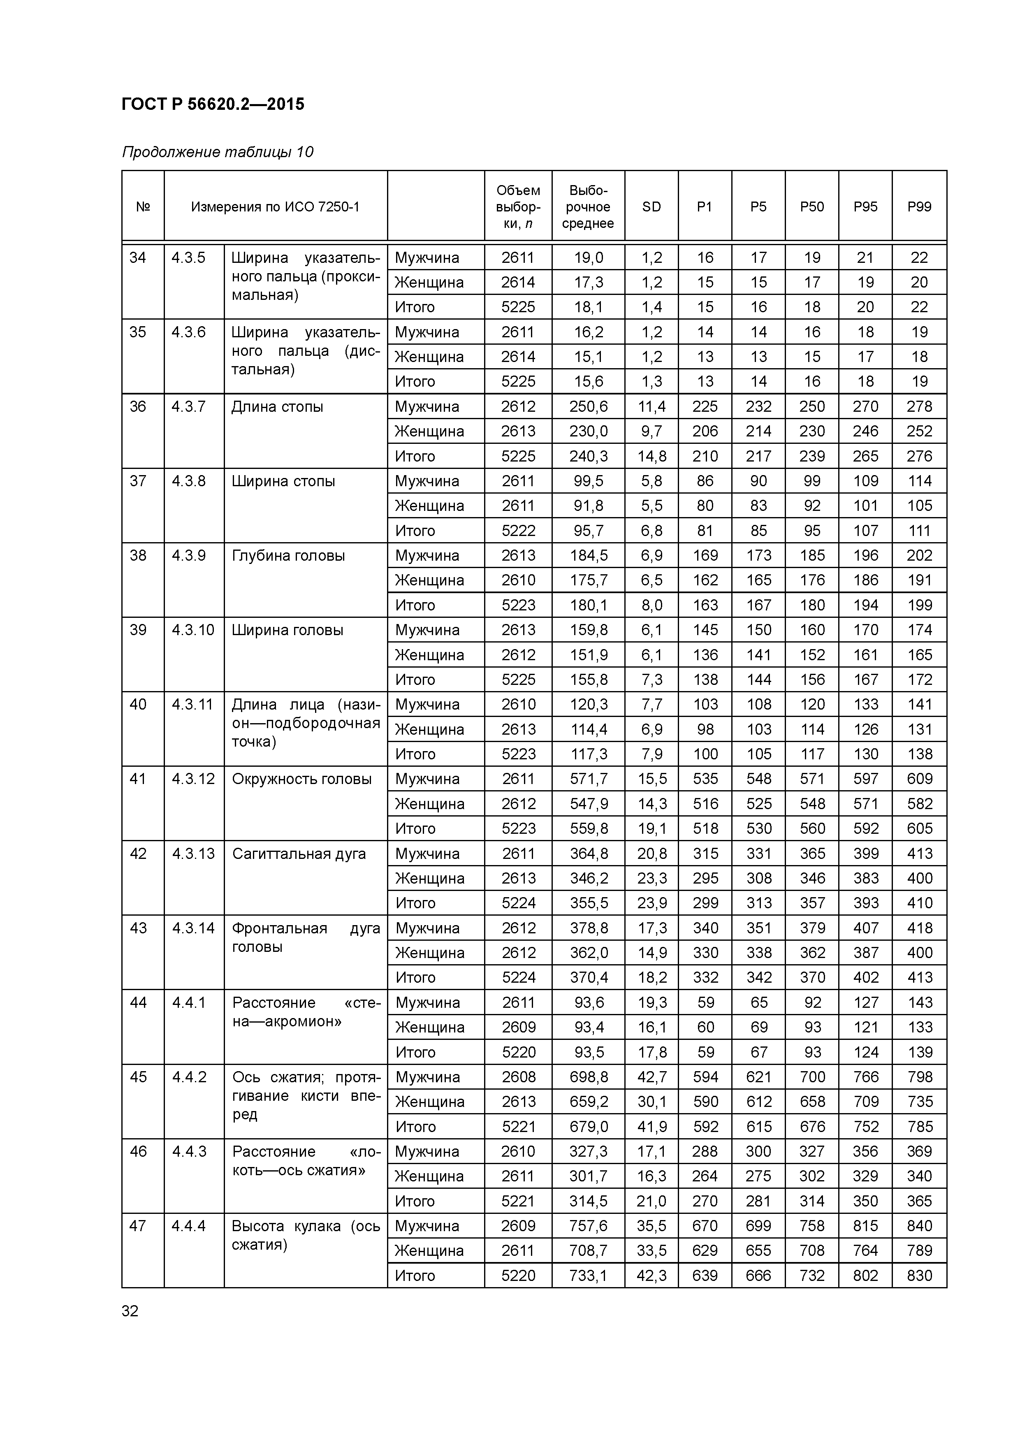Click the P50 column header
pyautogui.click(x=811, y=207)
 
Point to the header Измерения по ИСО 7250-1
pyautogui.click(x=275, y=207)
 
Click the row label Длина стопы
pyautogui.click(x=277, y=407)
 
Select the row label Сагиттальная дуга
pyautogui.click(x=299, y=854)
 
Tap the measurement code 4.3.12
pyautogui.click(x=193, y=779)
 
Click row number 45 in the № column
pyautogui.click(x=138, y=1076)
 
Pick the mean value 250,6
pyautogui.click(x=588, y=407)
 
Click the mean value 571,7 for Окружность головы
pyautogui.click(x=588, y=779)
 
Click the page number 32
pyautogui.click(x=130, y=1311)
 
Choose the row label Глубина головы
pyautogui.click(x=288, y=556)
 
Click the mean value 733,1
pyautogui.click(x=588, y=1275)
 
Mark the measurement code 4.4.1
pyautogui.click(x=188, y=1002)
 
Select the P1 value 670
pyautogui.click(x=705, y=1225)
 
